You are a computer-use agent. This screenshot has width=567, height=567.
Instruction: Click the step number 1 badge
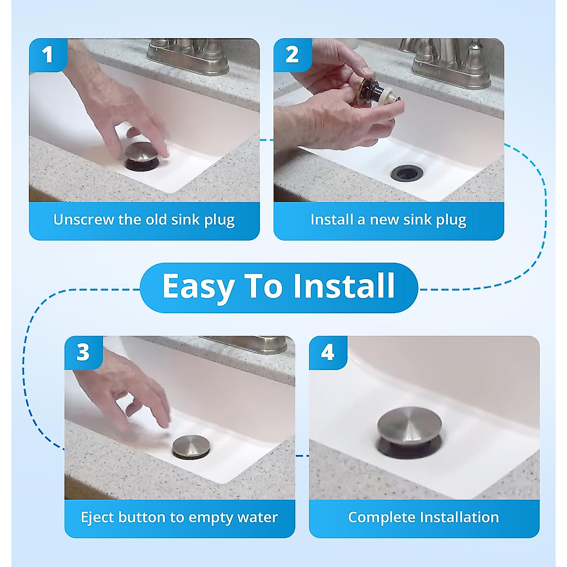pyautogui.click(x=48, y=55)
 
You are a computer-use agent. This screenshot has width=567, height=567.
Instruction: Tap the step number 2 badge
pyautogui.click(x=292, y=55)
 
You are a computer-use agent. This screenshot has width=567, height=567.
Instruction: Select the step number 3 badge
pyautogui.click(x=84, y=352)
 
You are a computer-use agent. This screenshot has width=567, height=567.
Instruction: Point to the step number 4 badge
pyautogui.click(x=328, y=352)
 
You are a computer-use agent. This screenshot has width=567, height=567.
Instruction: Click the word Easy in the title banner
pyautogui.click(x=198, y=286)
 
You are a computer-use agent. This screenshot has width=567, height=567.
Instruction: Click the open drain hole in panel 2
pyautogui.click(x=407, y=173)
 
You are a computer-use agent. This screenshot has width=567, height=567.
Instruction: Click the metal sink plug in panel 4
pyautogui.click(x=410, y=432)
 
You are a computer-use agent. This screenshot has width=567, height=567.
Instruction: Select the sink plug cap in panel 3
pyautogui.click(x=191, y=447)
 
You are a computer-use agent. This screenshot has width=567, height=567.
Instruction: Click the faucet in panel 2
pyautogui.click(x=451, y=63)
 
